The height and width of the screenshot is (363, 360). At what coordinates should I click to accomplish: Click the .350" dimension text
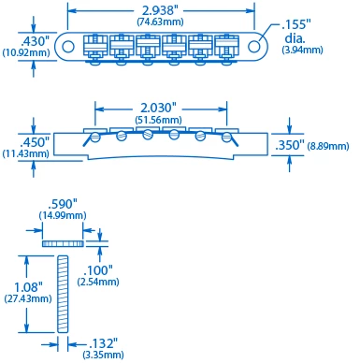[x=289, y=145]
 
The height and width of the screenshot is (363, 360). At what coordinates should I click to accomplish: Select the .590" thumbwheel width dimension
[x=62, y=202]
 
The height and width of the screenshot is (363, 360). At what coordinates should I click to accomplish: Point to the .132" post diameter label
[x=102, y=343]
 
